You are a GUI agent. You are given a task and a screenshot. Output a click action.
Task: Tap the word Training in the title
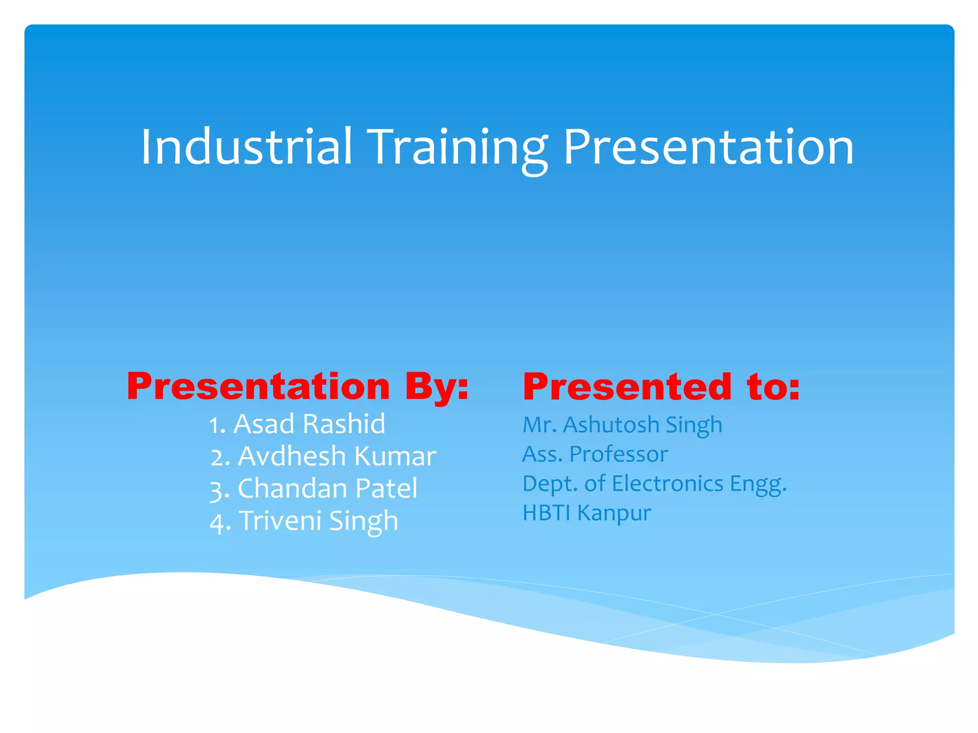pyautogui.click(x=458, y=148)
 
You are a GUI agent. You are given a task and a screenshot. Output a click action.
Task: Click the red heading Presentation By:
pyautogui.click(x=298, y=387)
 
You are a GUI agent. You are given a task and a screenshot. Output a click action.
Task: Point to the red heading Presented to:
pyautogui.click(x=661, y=387)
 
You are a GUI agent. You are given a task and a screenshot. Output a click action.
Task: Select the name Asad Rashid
pyautogui.click(x=309, y=424)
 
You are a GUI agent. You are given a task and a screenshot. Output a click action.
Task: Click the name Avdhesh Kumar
pyautogui.click(x=337, y=456)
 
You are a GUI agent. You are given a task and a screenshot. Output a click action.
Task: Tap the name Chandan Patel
pyautogui.click(x=328, y=488)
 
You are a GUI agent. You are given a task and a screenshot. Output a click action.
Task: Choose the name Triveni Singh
pyautogui.click(x=319, y=520)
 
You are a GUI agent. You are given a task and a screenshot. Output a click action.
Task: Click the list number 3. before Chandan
pyautogui.click(x=220, y=490)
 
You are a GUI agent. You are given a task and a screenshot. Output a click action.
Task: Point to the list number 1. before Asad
pyautogui.click(x=217, y=425)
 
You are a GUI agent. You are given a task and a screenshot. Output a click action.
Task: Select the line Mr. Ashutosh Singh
pyautogui.click(x=622, y=425)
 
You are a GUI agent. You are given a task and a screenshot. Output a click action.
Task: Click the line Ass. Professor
pyautogui.click(x=595, y=454)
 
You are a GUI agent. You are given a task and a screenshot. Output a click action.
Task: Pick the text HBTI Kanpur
pyautogui.click(x=586, y=513)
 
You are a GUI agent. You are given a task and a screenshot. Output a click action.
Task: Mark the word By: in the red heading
pyautogui.click(x=436, y=387)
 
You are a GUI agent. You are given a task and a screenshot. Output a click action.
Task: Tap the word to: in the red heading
pyautogui.click(x=773, y=387)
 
